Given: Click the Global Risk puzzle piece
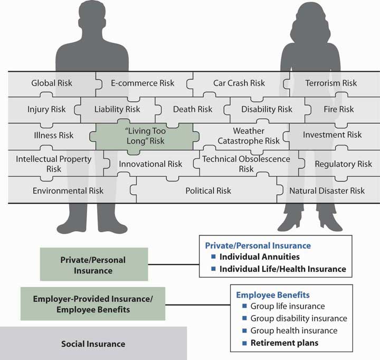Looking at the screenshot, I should click(52, 83).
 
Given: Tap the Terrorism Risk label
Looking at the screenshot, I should click(331, 83).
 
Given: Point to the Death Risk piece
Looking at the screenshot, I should click(193, 109).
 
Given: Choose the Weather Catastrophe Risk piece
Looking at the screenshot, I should click(249, 136).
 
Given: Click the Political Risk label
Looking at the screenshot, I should click(208, 190).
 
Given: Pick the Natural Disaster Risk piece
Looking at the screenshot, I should click(327, 190).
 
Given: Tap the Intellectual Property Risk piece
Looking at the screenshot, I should click(54, 164).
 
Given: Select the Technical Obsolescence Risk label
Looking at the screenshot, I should click(246, 164).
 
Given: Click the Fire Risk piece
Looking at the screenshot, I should click(339, 109).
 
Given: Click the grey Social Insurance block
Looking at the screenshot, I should click(93, 344).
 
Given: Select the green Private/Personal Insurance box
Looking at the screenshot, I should click(93, 265).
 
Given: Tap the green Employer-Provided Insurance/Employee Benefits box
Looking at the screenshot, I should click(93, 304).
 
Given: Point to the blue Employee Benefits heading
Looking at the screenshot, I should click(272, 295).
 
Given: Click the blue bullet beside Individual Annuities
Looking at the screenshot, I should click(214, 257).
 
